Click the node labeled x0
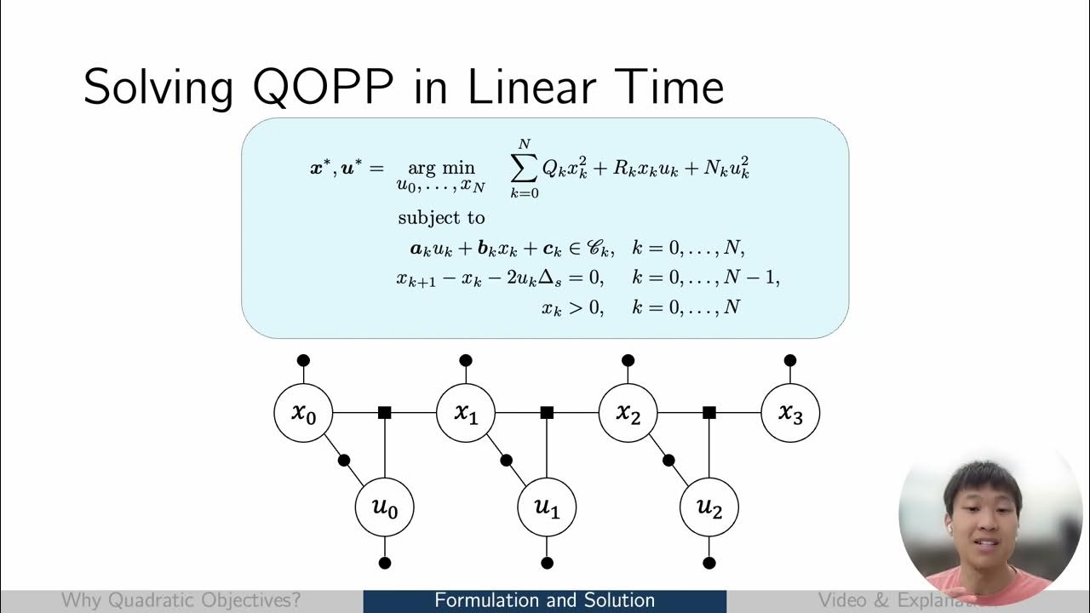303,413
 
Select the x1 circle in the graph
465,413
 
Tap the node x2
628,413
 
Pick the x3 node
789,413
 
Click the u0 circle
384,507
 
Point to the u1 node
547,507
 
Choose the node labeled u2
708,507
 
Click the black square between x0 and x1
384,413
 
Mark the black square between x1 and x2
547,413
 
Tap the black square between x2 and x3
708,413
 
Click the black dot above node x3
790,360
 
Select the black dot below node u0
385,563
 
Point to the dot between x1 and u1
507,461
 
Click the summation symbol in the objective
525,169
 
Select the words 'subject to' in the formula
441,218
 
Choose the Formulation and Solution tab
544,601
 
